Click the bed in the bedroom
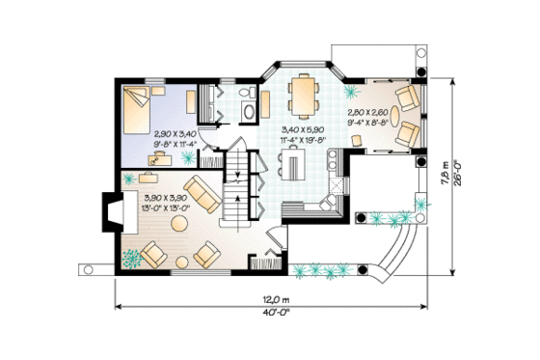pyautogui.click(x=138, y=108)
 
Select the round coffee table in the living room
pyautogui.click(x=180, y=224)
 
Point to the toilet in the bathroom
pyautogui.click(x=246, y=95)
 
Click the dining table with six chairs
pyautogui.click(x=304, y=95)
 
